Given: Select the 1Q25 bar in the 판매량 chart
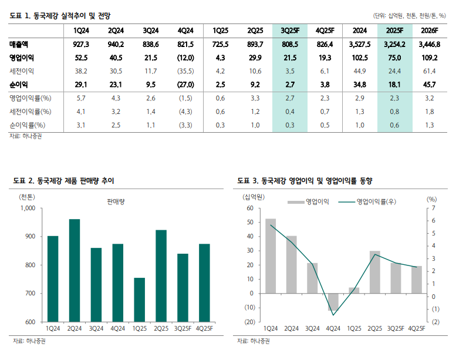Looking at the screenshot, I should (139, 300).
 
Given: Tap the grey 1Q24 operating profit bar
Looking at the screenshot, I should (271, 256).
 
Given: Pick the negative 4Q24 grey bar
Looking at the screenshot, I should (333, 302).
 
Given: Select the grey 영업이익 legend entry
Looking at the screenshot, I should (308, 202).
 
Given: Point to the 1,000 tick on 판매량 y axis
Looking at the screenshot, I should (28, 208).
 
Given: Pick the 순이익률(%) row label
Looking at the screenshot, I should (28, 125).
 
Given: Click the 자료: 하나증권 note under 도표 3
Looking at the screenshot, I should (253, 341).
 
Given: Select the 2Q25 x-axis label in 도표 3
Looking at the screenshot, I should (374, 328).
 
